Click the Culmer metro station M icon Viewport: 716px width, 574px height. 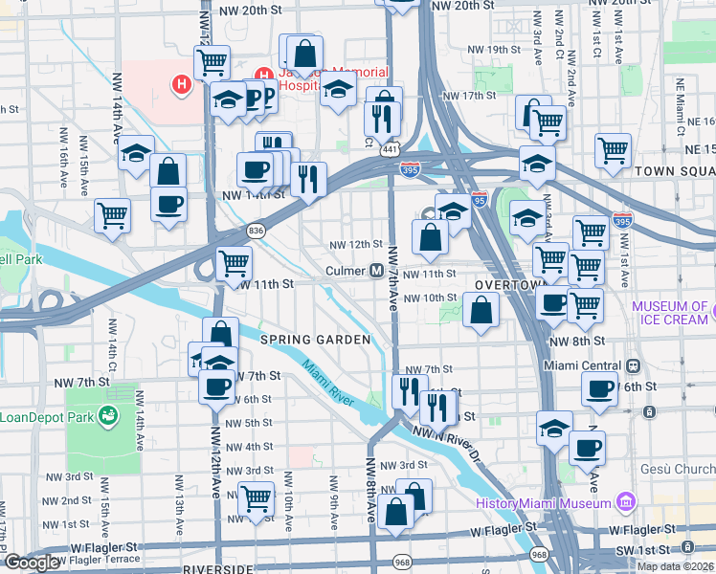[x=378, y=271]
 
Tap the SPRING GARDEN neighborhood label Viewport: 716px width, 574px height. [x=315, y=340]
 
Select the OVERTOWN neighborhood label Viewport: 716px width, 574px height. [x=508, y=286]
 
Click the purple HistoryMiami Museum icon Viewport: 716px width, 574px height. [x=626, y=502]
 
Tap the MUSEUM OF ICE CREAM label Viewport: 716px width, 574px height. [x=670, y=313]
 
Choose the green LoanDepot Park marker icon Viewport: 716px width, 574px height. [x=108, y=416]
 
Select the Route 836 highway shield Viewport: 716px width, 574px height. [x=256, y=231]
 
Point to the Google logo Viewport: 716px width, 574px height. [x=31, y=563]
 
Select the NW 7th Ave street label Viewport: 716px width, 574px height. [x=392, y=277]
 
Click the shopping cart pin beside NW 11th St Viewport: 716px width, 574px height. [x=234, y=262]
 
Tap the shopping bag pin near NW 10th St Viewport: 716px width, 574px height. [x=481, y=309]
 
